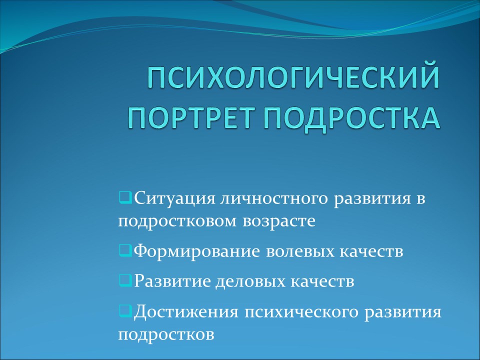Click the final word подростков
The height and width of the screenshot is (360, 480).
tap(166, 334)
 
